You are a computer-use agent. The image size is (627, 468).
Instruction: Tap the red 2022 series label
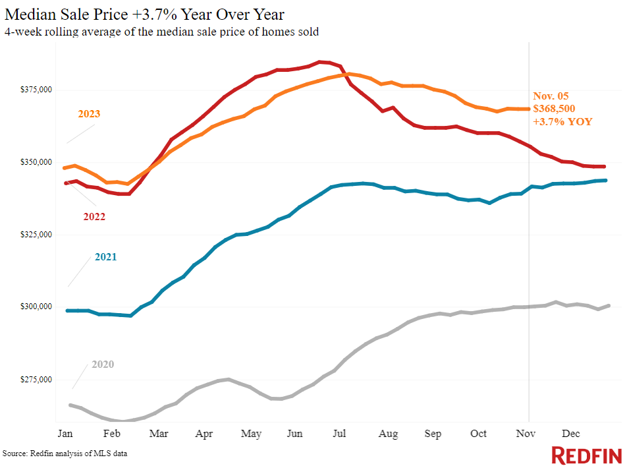coord(94,216)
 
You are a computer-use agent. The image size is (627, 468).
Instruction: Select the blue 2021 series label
coord(105,257)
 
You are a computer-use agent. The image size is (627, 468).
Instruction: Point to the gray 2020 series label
coord(103,365)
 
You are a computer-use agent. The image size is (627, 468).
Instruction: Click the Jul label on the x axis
coord(341,434)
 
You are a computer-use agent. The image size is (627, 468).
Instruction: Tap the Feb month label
coord(112,434)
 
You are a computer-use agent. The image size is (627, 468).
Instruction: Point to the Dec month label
coord(570,434)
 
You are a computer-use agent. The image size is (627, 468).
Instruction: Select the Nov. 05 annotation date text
coord(551,96)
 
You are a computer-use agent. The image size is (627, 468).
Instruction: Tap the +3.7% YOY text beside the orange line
coord(562,122)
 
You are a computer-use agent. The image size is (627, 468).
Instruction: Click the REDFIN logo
coord(586,455)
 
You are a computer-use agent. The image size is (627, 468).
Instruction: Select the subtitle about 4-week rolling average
coord(161,32)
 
